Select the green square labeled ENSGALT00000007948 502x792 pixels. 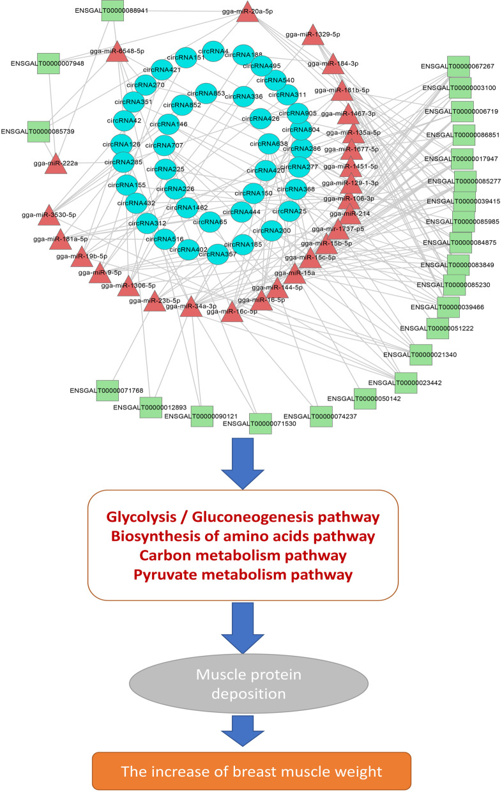click(x=49, y=63)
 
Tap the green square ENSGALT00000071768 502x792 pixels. click(x=107, y=390)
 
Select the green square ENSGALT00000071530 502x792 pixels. click(x=261, y=423)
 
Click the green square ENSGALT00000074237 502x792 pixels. click(x=321, y=416)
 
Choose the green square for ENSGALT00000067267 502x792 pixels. click(x=462, y=66)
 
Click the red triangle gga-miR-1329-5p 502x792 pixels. click(x=312, y=36)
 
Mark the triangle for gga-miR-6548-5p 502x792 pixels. click(x=117, y=53)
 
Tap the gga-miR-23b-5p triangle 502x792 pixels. click(x=155, y=303)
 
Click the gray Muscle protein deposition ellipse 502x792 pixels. click(x=250, y=692)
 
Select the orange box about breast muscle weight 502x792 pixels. click(x=250, y=771)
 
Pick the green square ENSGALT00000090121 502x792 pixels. click(x=202, y=416)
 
